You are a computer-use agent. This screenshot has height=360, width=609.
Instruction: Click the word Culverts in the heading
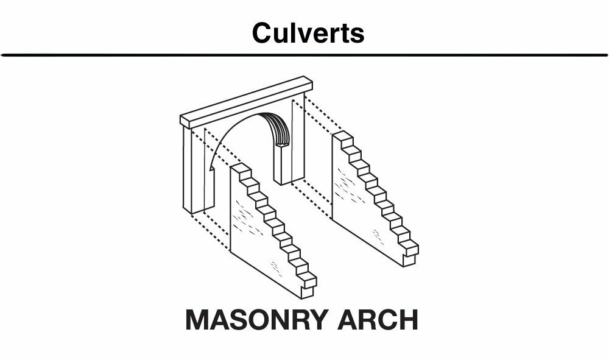pyautogui.click(x=308, y=32)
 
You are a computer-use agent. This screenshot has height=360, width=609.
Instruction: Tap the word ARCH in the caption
pyautogui.click(x=378, y=320)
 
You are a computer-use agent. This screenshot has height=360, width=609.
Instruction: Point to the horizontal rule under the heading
pyautogui.click(x=304, y=55)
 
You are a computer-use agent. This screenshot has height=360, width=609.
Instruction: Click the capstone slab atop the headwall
pyautogui.click(x=246, y=102)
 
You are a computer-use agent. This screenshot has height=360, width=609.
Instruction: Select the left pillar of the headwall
pyautogui.click(x=198, y=171)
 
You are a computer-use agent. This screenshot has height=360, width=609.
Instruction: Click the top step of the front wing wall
pyautogui.click(x=241, y=169)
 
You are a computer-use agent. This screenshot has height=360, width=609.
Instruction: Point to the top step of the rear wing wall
pyautogui.click(x=343, y=137)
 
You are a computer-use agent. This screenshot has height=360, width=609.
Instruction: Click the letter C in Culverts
pyautogui.click(x=261, y=33)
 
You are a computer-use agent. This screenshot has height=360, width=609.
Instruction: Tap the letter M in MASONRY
pyautogui.click(x=197, y=320)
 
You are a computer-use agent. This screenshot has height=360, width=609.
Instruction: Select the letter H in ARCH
pyautogui.click(x=409, y=320)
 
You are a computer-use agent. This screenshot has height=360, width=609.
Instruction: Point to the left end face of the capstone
pyautogui.click(x=185, y=122)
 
